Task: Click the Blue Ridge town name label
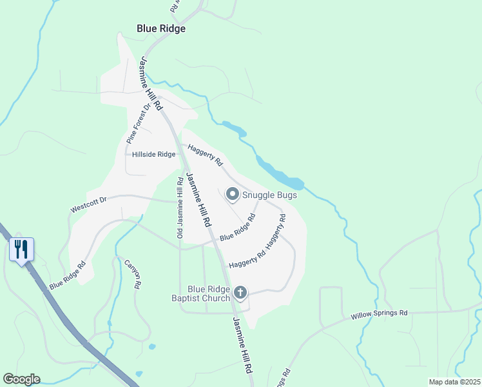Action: click(x=161, y=28)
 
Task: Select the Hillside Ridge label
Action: click(x=153, y=155)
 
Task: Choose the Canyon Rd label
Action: click(x=132, y=274)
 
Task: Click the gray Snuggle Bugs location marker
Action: click(x=232, y=193)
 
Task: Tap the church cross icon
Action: click(x=240, y=293)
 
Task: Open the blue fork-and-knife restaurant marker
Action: click(x=21, y=249)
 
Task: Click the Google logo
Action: click(x=21, y=379)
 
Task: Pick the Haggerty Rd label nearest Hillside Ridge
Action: click(x=205, y=154)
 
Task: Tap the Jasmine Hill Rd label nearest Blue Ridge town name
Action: click(x=150, y=81)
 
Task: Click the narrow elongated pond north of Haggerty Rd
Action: click(x=235, y=128)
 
